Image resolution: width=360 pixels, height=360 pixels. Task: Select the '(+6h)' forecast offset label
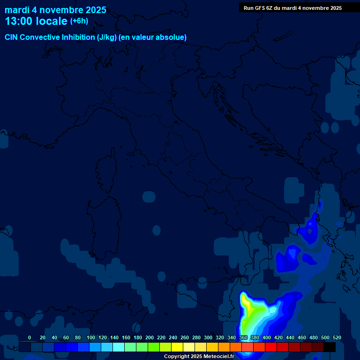coord(79,21)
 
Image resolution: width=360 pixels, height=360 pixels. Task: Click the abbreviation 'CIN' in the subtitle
coord(12,37)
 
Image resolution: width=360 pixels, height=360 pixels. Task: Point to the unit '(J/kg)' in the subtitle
coord(107,37)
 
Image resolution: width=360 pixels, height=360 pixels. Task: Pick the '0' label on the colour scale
coord(30,337)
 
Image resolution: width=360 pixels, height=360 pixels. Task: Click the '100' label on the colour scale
coord(91,337)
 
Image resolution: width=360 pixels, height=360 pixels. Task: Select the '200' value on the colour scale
coord(150,337)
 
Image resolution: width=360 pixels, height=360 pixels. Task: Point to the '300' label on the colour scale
coord(208,337)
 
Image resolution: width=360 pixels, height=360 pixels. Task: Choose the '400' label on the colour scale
coord(267,337)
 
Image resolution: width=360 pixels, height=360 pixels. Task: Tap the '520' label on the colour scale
coord(337,337)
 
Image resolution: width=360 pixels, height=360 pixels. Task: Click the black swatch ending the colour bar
coord(330,347)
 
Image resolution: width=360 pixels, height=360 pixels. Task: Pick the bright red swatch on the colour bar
coord(271,347)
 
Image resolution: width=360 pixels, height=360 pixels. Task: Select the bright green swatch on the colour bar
coord(154,347)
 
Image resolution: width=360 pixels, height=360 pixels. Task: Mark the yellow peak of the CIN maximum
coord(247,307)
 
